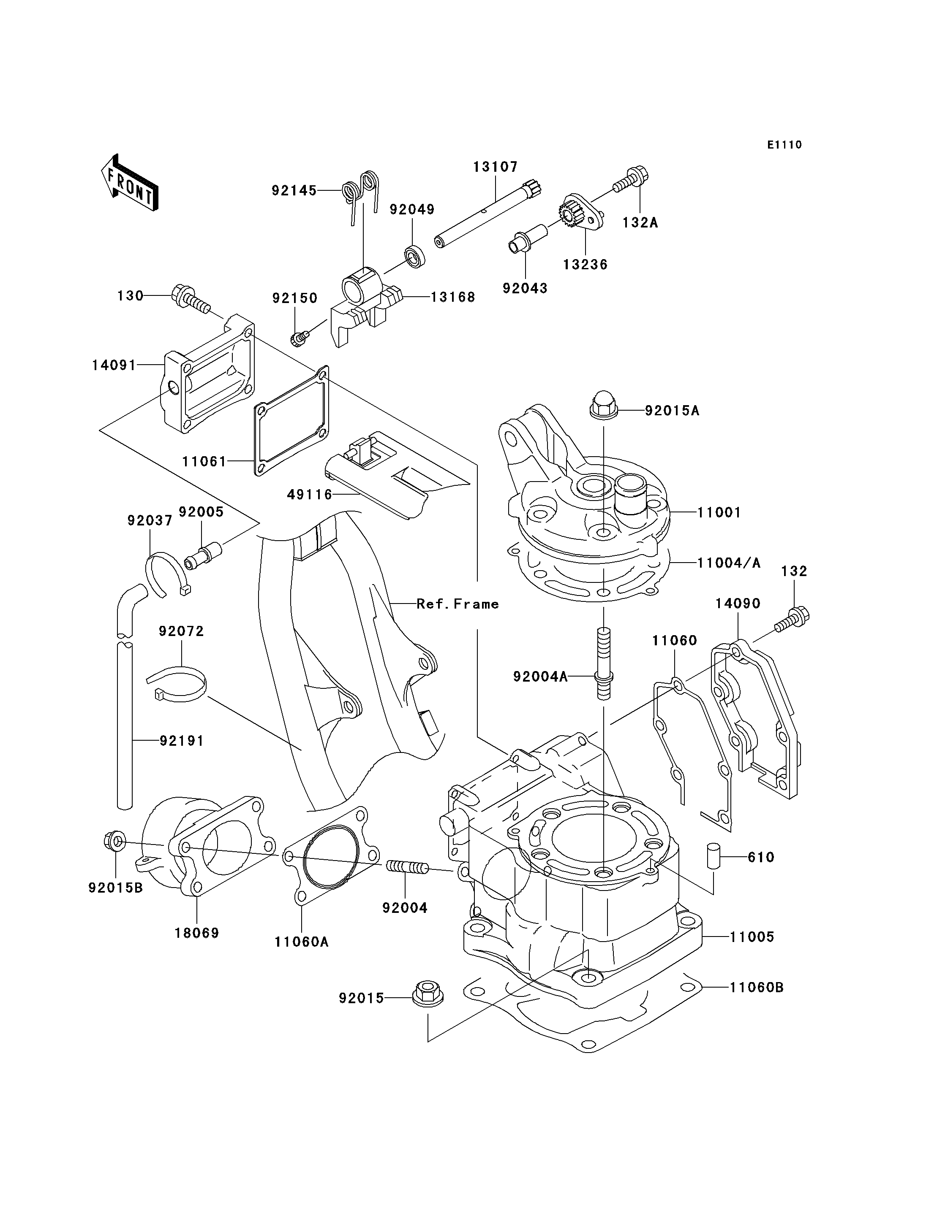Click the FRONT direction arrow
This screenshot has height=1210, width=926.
(130, 183)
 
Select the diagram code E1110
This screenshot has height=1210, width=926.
(784, 145)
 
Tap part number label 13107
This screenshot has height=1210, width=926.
(495, 167)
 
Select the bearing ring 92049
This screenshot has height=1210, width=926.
(415, 257)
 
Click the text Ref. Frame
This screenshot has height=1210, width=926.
(458, 604)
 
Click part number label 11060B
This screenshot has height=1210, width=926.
(756, 988)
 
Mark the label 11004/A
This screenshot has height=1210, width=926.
(729, 563)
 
